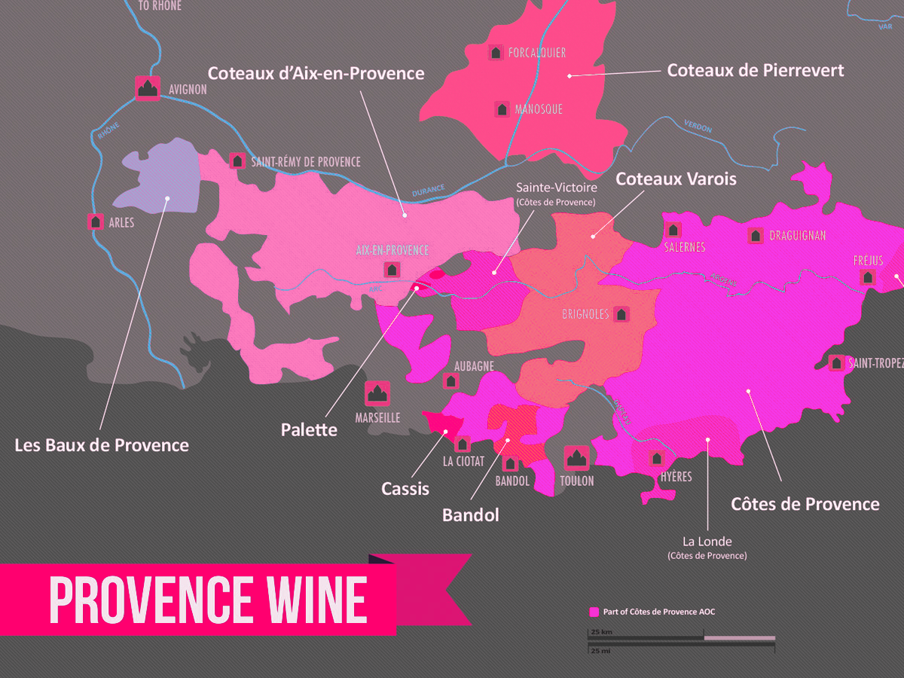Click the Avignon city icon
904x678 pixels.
(x=148, y=88)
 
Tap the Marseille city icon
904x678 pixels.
(x=377, y=393)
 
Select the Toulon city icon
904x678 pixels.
(x=576, y=457)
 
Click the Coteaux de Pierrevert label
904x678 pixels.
(x=756, y=70)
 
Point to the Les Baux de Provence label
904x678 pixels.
(x=102, y=445)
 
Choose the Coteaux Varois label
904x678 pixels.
(x=676, y=179)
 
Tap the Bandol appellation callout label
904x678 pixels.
(x=470, y=515)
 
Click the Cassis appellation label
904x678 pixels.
(x=405, y=489)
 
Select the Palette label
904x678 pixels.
(x=309, y=429)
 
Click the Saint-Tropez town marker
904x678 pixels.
(x=836, y=363)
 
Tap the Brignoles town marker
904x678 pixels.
(x=621, y=314)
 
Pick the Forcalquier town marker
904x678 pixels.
(x=496, y=53)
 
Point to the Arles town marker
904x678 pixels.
(x=96, y=221)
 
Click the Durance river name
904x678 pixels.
(x=428, y=191)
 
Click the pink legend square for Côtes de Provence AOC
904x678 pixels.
(x=594, y=612)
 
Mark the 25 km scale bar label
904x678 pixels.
(x=600, y=631)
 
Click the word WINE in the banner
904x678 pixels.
(x=306, y=600)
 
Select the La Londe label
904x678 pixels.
(x=707, y=542)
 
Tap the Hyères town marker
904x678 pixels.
(x=657, y=458)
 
